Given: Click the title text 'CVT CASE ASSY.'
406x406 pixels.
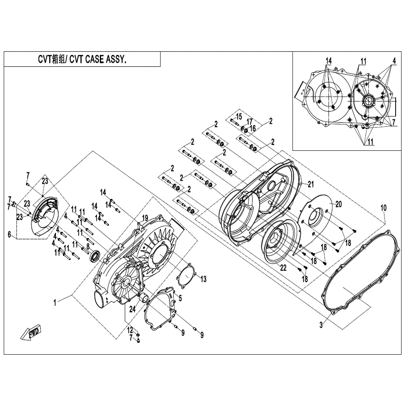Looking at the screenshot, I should (x=98, y=60).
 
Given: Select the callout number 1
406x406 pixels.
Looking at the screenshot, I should (x=54, y=303).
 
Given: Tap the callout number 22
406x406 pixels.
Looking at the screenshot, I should (x=283, y=268).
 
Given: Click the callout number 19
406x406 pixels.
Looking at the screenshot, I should (x=145, y=217).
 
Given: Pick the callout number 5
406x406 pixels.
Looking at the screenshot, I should (x=180, y=297).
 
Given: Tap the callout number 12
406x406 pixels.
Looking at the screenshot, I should (x=130, y=330).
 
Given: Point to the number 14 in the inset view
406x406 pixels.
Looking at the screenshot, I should (x=329, y=61).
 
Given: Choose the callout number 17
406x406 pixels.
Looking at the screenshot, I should (x=250, y=121).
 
